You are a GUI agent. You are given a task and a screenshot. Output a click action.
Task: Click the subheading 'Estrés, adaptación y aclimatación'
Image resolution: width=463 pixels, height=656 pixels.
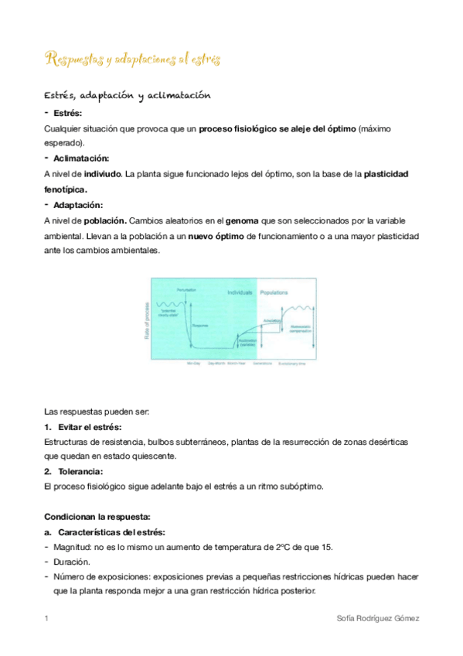128,96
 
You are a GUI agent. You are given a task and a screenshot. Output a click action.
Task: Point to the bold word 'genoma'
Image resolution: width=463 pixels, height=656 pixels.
241,220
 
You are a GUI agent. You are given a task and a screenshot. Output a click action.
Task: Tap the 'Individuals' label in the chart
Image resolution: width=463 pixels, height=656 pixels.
241,293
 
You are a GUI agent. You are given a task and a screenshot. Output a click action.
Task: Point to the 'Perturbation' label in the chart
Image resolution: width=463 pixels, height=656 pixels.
186,289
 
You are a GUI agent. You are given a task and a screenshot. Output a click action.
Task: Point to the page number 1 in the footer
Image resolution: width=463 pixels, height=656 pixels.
47,619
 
